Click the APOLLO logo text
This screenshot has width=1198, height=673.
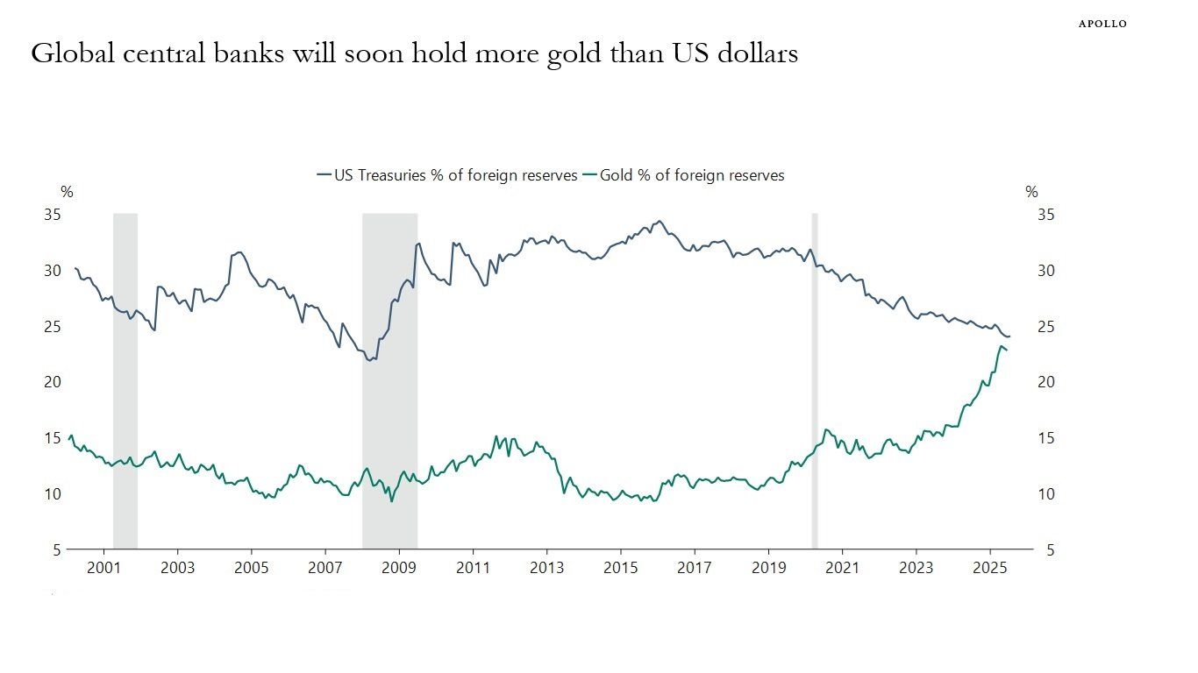coord(1102,24)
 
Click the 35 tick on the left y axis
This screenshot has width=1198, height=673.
coord(53,215)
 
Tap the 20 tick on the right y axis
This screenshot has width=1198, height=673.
coord(1046,382)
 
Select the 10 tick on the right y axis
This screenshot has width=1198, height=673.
coord(1046,494)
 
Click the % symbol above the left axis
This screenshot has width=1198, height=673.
coord(67,193)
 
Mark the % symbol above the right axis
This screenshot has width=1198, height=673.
coord(1031,193)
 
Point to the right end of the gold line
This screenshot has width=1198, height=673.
coord(1007,351)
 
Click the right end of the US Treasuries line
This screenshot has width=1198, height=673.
coord(1010,336)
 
